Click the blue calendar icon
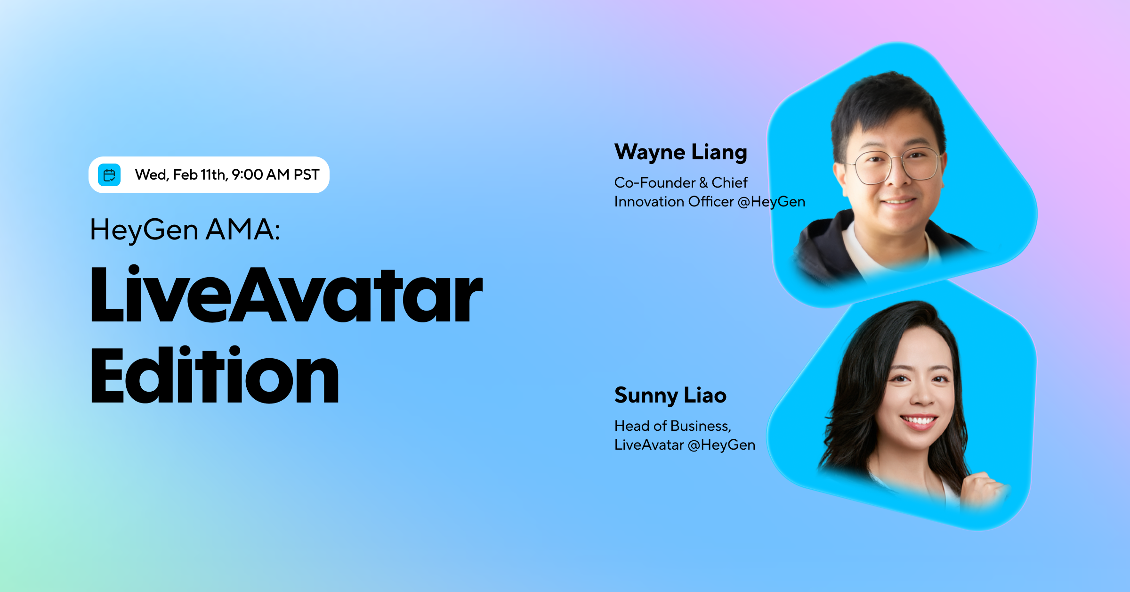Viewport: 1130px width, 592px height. click(x=109, y=175)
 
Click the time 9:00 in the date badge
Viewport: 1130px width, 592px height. click(x=247, y=175)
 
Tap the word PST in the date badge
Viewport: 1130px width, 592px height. click(x=306, y=175)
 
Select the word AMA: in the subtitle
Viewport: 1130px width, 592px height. click(x=243, y=230)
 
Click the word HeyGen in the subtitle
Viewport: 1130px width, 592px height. click(x=144, y=230)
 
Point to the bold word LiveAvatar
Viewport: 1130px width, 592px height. click(x=286, y=295)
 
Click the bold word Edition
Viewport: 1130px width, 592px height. click(x=214, y=376)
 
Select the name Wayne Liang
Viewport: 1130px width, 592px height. click(x=680, y=152)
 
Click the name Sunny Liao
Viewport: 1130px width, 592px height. click(x=670, y=395)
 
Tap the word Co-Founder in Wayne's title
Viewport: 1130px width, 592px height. click(x=654, y=182)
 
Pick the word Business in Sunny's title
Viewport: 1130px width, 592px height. click(x=700, y=426)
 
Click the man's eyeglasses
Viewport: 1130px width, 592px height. click(x=897, y=166)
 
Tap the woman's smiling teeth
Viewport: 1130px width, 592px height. click(x=918, y=419)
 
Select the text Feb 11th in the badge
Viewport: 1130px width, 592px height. click(x=200, y=175)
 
